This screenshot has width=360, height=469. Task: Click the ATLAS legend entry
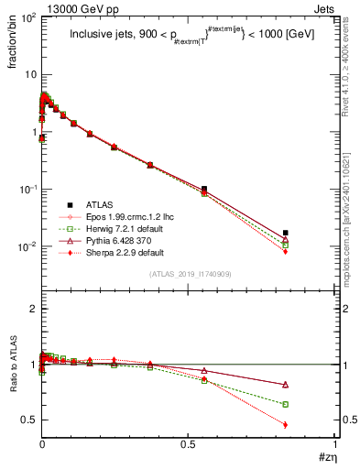(x=89, y=204)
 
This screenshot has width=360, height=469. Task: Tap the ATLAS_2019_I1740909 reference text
(x=189, y=274)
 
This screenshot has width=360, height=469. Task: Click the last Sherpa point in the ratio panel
(x=286, y=424)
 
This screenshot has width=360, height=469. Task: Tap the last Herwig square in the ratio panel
(x=286, y=404)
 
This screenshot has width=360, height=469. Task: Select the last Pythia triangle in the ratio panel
(x=286, y=385)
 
